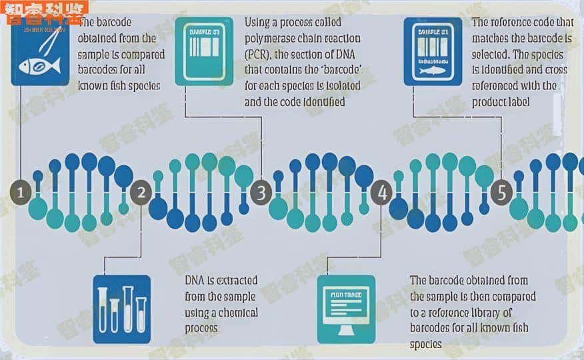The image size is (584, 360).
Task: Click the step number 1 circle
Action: pyautogui.click(x=21, y=193)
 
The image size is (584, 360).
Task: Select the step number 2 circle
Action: pyautogui.click(x=141, y=193)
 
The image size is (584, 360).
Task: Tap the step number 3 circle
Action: pyautogui.click(x=261, y=193)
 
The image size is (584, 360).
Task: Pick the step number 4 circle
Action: pyautogui.click(x=381, y=193)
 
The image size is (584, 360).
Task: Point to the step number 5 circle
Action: pyautogui.click(x=501, y=193)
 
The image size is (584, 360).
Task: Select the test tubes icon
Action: pyautogui.click(x=121, y=309)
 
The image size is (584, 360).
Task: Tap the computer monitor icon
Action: pyautogui.click(x=346, y=309)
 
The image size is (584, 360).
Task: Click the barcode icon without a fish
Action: pyautogui.click(x=204, y=51)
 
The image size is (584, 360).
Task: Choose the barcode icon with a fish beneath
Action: pyautogui.click(x=433, y=52)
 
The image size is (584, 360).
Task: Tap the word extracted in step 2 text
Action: pyautogui.click(x=235, y=281)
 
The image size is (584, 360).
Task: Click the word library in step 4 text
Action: pyautogui.click(x=493, y=312)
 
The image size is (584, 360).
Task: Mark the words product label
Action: pyautogui.click(x=502, y=102)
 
